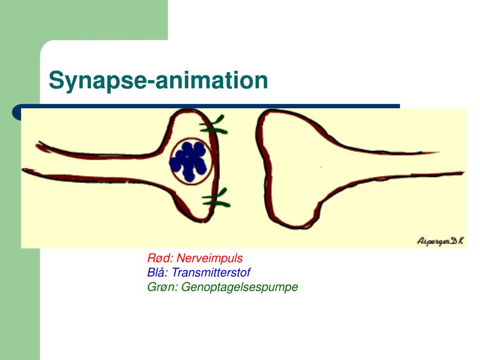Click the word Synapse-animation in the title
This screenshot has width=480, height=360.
158,80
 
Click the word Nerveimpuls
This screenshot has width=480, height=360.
210,258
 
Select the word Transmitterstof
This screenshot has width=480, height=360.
210,272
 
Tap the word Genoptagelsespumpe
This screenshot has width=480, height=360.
240,287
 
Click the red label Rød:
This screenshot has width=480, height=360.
161,258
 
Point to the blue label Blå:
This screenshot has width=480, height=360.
158,272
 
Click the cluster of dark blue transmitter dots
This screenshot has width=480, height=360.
189,161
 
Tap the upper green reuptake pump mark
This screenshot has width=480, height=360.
214,125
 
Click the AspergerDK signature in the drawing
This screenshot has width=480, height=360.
440,241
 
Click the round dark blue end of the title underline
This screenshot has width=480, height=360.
17,112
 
